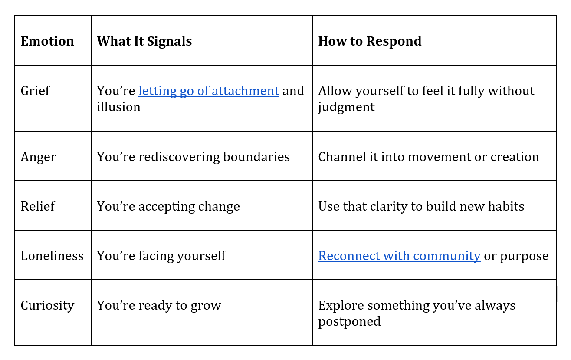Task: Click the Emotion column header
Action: pyautogui.click(x=47, y=41)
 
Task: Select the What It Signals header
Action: pyautogui.click(x=144, y=41)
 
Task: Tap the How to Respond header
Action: pyautogui.click(x=370, y=41)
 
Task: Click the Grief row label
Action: pyautogui.click(x=35, y=91)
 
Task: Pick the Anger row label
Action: pyautogui.click(x=38, y=157)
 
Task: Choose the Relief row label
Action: pyautogui.click(x=38, y=206)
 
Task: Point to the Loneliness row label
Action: pyautogui.click(x=52, y=256)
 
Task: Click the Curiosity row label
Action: pyautogui.click(x=47, y=305)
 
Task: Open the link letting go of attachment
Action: pyautogui.click(x=209, y=91)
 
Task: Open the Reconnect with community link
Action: pyautogui.click(x=400, y=256)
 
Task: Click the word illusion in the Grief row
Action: pyautogui.click(x=118, y=107)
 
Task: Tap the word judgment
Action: pyautogui.click(x=346, y=107)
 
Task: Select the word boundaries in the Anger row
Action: pyautogui.click(x=256, y=157)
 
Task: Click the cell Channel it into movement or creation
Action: pyautogui.click(x=429, y=157)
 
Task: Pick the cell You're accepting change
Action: pyautogui.click(x=168, y=206)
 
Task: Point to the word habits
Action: pyautogui.click(x=506, y=206)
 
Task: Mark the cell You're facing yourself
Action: pyautogui.click(x=161, y=256)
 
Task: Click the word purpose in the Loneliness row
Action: pyautogui.click(x=524, y=256)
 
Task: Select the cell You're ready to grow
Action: pyautogui.click(x=159, y=305)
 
